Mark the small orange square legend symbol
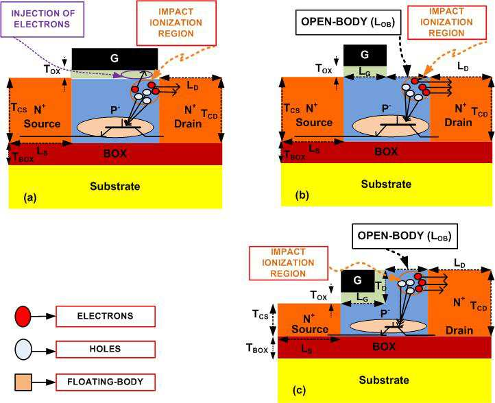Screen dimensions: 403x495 (22, 381)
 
